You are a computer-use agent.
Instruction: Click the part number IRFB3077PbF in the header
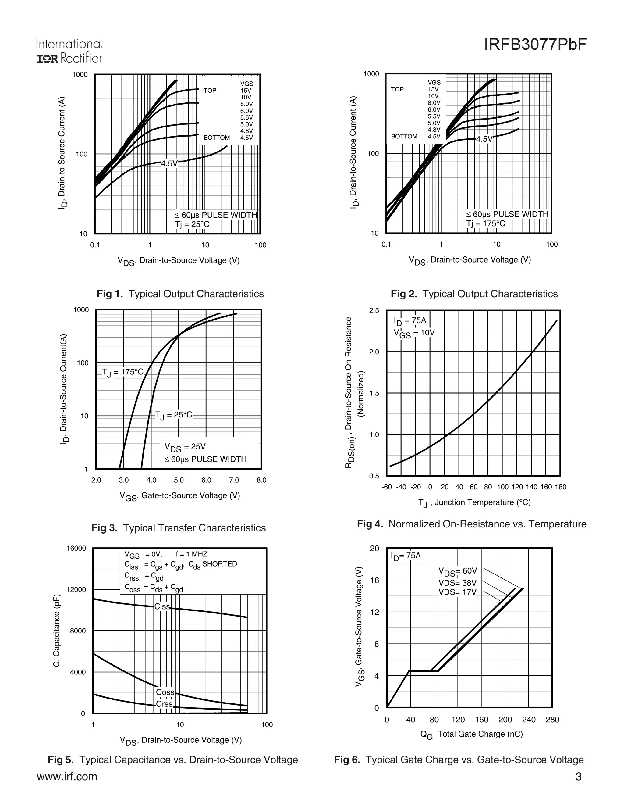point(535,45)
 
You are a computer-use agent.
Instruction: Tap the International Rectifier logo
point(69,50)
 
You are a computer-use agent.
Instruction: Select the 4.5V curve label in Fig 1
point(169,163)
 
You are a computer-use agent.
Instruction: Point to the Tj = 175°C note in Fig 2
point(485,224)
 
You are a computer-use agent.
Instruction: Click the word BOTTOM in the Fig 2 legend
point(404,137)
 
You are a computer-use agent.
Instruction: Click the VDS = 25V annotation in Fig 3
point(185,447)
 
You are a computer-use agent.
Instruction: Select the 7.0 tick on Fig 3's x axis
point(234,480)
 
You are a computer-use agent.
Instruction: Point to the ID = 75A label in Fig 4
point(410,321)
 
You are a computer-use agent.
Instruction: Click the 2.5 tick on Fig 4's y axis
point(374,310)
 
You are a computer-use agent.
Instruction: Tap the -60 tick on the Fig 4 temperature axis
point(387,487)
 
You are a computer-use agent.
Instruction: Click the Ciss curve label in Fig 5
point(162,607)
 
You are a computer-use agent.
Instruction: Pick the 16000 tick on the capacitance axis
point(76,548)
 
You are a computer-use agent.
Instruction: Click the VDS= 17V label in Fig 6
point(457,592)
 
